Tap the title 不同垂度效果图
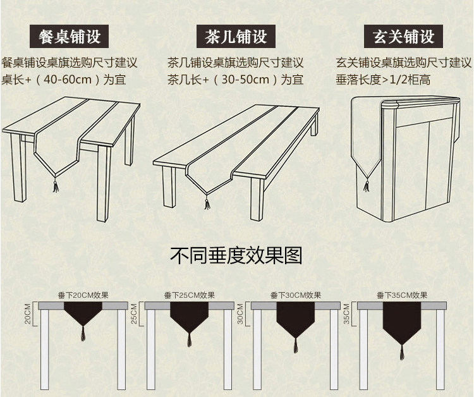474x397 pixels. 236,255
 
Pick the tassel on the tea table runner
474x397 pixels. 207,202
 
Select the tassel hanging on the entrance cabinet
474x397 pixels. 365,187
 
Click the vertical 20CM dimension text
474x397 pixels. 28,314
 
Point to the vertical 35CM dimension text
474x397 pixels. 346,316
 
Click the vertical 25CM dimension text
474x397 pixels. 134,315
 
